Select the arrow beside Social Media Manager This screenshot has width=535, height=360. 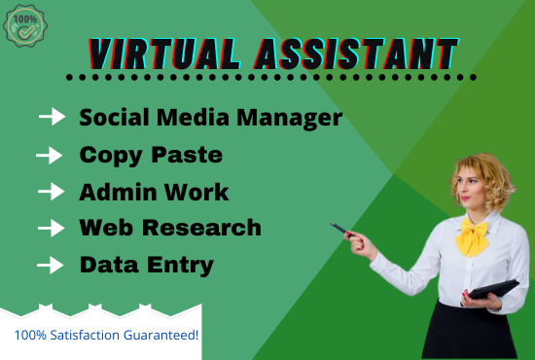53,118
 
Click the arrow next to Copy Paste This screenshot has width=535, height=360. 50,155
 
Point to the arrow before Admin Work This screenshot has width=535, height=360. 50,191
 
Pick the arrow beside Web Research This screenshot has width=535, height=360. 51,228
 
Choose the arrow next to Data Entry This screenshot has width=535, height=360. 50,264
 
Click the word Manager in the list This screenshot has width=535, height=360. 291,119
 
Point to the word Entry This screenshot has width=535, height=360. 182,265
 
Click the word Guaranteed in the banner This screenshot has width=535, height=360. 157,336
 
